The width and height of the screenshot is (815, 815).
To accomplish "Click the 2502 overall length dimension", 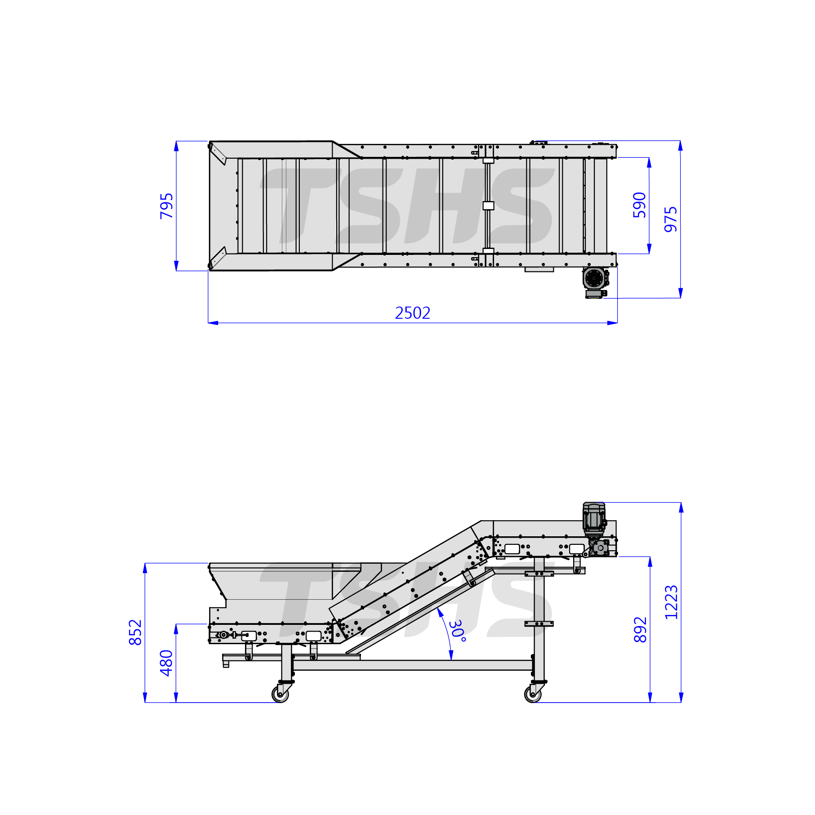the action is (413, 313).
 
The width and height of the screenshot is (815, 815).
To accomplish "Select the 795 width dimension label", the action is (167, 206).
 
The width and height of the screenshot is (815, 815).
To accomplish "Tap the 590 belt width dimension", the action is (639, 205).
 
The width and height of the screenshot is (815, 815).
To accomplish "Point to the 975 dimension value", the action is (671, 219).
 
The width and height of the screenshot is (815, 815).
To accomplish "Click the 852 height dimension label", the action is (135, 632).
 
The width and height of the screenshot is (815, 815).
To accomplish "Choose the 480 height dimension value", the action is (166, 663).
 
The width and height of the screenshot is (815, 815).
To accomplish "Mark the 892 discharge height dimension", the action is (640, 630).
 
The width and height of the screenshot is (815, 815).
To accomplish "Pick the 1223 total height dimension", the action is (671, 602).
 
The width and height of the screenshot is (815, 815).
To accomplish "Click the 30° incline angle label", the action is (457, 631).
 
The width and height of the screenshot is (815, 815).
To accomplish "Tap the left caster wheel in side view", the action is (281, 694).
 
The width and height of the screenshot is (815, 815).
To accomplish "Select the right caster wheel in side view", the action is (533, 694).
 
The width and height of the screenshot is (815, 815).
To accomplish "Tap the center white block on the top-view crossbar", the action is (488, 205).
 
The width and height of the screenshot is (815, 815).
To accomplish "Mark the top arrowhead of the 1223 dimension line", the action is (681, 508).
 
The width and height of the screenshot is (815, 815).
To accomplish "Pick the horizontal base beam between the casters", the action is (413, 665).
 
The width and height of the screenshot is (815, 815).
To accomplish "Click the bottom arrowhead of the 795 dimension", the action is (176, 266).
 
